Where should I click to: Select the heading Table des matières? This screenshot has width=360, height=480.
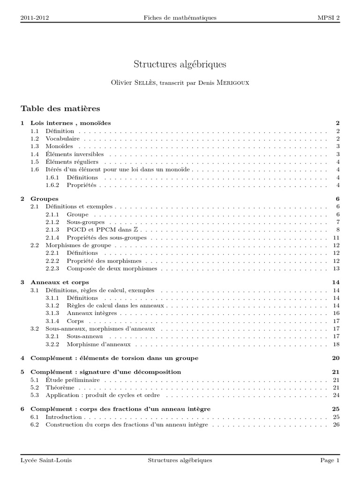tap(60, 109)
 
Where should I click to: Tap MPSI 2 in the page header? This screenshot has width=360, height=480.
tap(329, 18)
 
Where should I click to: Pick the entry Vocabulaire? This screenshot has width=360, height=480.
tap(62, 139)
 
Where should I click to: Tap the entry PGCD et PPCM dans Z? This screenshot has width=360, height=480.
tap(101, 230)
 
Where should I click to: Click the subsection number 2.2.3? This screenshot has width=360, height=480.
tap(52, 269)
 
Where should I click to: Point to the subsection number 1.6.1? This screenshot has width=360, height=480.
tap(52, 178)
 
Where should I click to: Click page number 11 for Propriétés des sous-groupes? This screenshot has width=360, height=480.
tap(336, 238)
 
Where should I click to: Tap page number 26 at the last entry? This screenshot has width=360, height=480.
tap(336, 425)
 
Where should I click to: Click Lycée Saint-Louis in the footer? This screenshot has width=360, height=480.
tap(46, 461)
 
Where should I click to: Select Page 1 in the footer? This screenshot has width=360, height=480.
tap(330, 461)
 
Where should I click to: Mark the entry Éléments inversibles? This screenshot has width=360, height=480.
tap(75, 154)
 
